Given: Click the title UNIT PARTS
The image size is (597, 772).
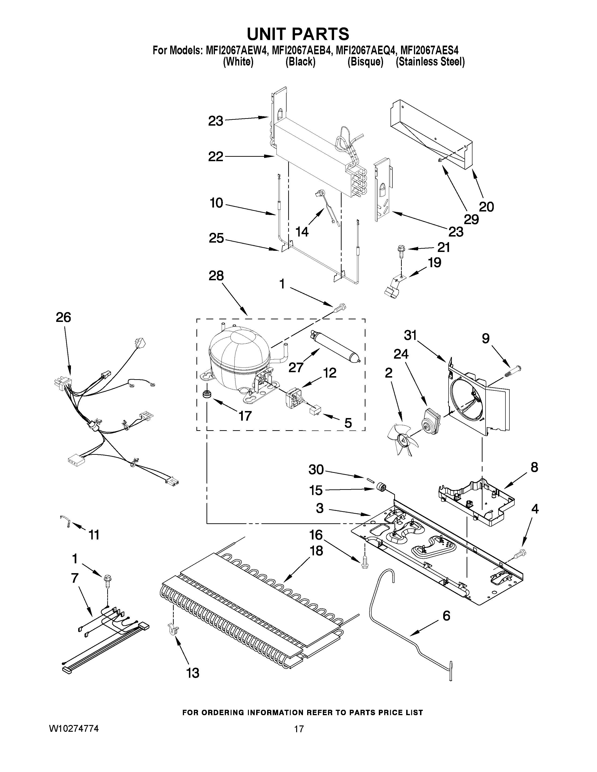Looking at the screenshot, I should (x=298, y=34).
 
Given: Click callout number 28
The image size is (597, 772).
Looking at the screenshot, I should (x=216, y=276).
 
